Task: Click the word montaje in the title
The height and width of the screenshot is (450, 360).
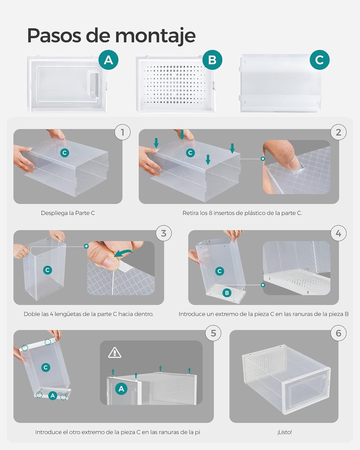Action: tap(155, 36)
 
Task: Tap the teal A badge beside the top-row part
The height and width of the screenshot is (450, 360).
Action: tap(108, 60)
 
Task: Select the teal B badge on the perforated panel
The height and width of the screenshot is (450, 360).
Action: tap(212, 60)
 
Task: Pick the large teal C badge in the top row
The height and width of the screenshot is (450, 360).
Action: tap(319, 60)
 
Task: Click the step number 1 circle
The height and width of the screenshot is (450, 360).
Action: tap(122, 132)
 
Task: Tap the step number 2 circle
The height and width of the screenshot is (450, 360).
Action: tap(338, 132)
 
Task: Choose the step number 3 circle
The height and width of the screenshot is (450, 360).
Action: tap(163, 233)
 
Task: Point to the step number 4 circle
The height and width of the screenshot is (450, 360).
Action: tap(338, 233)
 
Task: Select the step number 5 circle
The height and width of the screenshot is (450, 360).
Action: tap(213, 333)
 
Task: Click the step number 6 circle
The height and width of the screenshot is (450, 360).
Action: tap(338, 333)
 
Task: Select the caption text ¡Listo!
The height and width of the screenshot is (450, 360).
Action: tap(284, 432)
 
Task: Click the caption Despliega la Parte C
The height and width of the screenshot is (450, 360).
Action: tap(68, 213)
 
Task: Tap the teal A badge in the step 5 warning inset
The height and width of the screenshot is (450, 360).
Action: tap(121, 389)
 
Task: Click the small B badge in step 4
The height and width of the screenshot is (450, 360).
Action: tap(227, 293)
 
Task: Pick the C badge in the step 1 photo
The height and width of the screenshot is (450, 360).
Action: tap(64, 153)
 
